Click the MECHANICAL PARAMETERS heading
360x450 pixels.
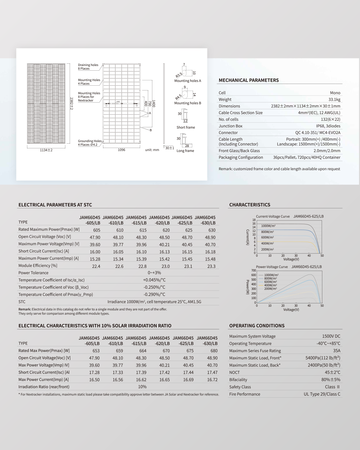point(249,80)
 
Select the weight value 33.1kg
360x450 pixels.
point(334,99)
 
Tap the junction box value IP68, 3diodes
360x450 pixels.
point(328,126)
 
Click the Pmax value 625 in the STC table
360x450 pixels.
point(189,230)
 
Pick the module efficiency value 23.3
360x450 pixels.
point(211,266)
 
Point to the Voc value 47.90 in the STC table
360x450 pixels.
point(95,237)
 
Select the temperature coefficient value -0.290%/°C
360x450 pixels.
point(154,294)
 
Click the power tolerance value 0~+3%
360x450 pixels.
point(154,273)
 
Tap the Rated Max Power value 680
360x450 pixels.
point(214,351)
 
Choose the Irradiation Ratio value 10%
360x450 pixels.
point(142,387)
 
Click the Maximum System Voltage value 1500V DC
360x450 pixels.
point(331,336)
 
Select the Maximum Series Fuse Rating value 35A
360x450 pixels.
point(337,351)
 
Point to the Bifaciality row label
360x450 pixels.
point(238,380)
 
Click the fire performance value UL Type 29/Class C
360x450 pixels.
point(322,394)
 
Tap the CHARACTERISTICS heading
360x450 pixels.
point(250,205)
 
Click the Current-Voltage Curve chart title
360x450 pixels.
point(273,216)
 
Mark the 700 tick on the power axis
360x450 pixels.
point(253,270)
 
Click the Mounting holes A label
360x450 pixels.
point(188,81)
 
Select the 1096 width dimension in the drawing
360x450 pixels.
point(122,150)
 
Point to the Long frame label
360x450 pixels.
point(185,151)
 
